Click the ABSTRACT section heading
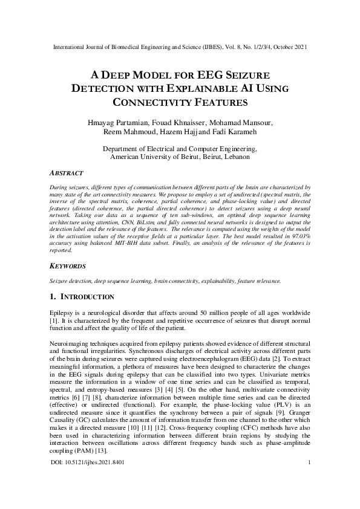click(66, 172)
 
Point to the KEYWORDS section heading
click(68, 265)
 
